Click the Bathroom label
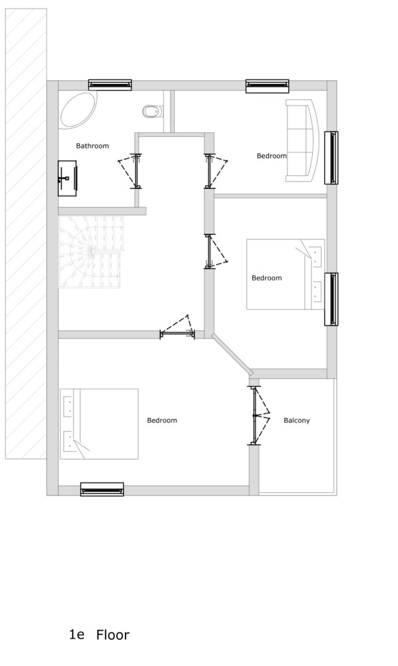click(x=92, y=146)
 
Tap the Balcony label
click(x=297, y=421)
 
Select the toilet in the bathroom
click(x=152, y=111)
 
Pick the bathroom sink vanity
click(x=68, y=178)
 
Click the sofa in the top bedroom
click(x=302, y=141)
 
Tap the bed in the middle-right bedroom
click(x=285, y=274)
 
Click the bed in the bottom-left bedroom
click(x=99, y=424)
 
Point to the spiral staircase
click(x=91, y=252)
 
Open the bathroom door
click(x=131, y=171)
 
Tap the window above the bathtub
click(x=110, y=85)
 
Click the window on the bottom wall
click(x=102, y=490)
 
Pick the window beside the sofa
click(x=332, y=158)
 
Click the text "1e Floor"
click(x=99, y=635)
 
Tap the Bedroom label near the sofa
click(x=272, y=156)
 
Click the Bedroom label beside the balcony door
click(x=162, y=421)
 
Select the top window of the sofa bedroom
click(x=267, y=86)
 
